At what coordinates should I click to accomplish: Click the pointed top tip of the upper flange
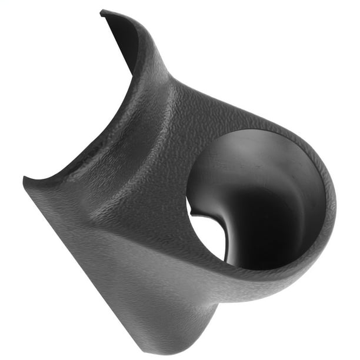[x=102, y=11]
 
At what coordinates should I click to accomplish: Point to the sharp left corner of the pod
[x=25, y=178]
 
